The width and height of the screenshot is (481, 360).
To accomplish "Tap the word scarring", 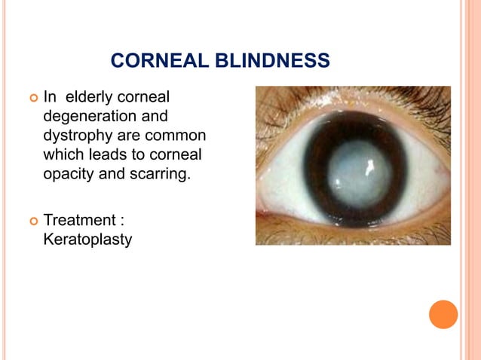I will pos(161,175).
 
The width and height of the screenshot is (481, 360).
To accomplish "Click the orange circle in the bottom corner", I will pos(443,314).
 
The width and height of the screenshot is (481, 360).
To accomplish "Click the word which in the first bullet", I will pos(63,156).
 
